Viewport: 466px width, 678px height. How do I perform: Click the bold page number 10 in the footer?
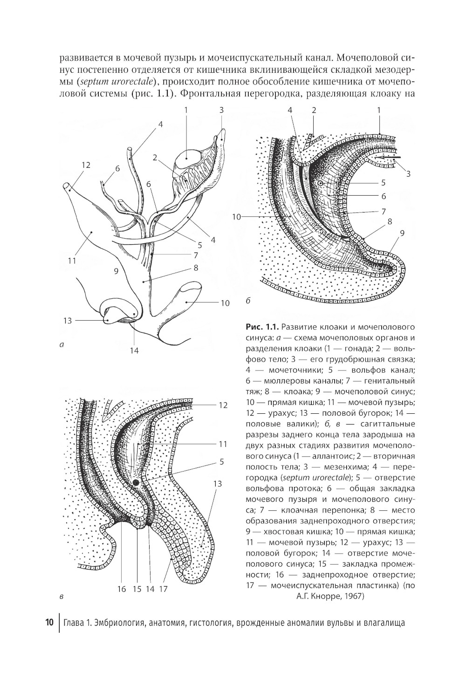50,623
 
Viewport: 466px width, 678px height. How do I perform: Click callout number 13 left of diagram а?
68,320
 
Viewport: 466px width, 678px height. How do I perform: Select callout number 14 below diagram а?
134,350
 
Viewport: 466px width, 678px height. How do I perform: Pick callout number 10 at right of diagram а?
225,303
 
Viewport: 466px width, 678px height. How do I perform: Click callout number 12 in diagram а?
85,165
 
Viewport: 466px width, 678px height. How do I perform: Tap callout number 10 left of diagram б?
236,216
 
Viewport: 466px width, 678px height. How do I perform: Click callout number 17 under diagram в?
163,589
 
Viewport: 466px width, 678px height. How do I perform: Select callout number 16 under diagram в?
122,589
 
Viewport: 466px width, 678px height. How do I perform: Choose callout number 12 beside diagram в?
223,405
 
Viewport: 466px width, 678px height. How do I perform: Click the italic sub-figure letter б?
248,301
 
